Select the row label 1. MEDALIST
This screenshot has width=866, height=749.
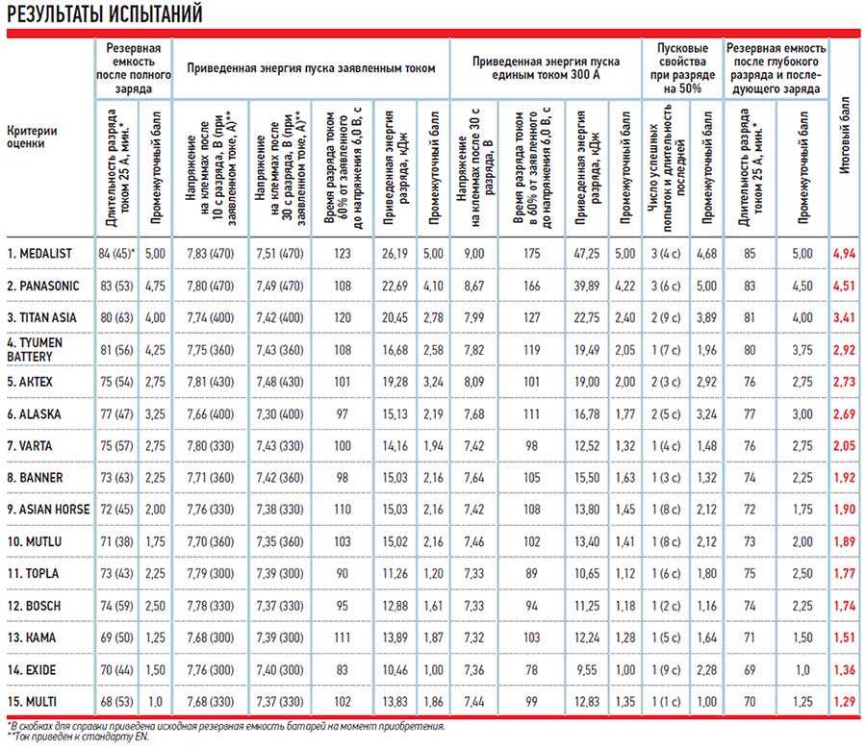tap(40, 253)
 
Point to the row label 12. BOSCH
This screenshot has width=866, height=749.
tap(36, 606)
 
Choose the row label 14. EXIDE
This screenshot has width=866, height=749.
tap(35, 669)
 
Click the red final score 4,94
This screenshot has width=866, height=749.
tap(844, 254)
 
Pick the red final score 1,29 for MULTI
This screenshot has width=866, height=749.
tap(844, 702)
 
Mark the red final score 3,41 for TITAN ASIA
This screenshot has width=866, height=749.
tap(844, 318)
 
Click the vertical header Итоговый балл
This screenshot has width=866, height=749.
tap(844, 136)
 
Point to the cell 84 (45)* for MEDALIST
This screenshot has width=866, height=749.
tap(117, 253)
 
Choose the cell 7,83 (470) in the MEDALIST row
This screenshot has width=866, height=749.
tap(210, 253)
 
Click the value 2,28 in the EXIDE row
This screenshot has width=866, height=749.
tap(706, 670)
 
